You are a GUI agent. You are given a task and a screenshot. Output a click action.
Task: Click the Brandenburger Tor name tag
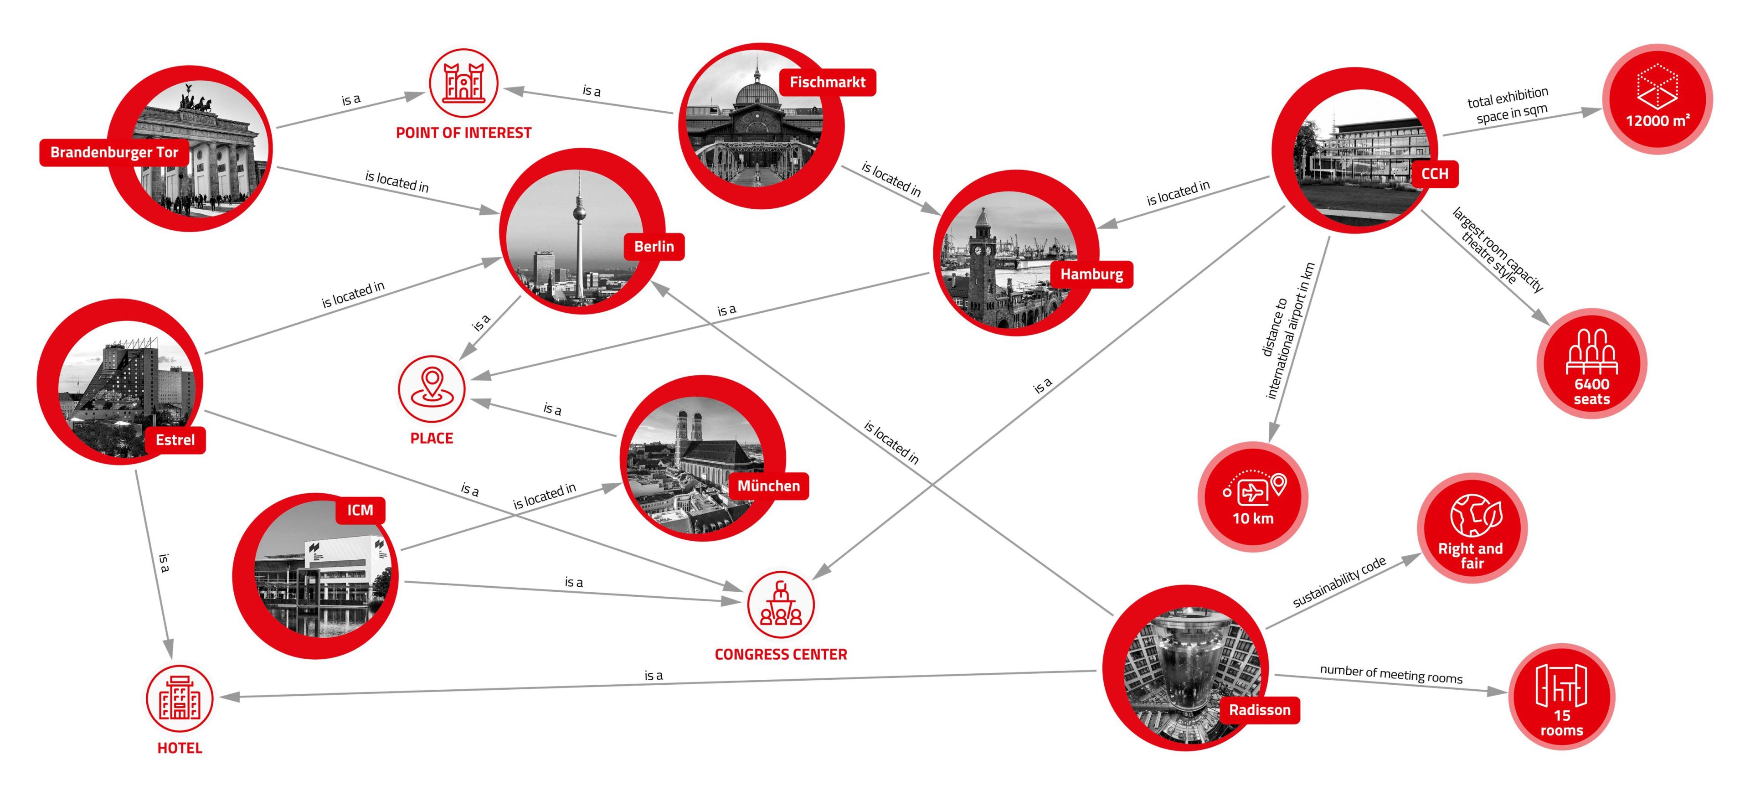pos(113,152)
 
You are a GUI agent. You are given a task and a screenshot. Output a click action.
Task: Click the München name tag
pos(768,486)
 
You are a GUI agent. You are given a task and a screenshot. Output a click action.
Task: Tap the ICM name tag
pos(360,510)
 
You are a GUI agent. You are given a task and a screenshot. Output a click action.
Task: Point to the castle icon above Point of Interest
pos(463,83)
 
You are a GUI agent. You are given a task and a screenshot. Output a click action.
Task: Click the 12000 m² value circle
pos(1657,99)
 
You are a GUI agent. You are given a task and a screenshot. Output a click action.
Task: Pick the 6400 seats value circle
pos(1592,363)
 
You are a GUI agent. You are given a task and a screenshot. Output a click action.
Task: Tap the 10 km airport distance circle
pos(1253,496)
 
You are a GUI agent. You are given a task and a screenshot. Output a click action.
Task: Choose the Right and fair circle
pos(1472,528)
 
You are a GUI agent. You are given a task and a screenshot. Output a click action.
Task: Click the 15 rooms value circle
pos(1561,697)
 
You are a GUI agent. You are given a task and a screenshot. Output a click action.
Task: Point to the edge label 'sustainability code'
pos(1339,582)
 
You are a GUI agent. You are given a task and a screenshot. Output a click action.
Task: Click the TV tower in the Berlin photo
pos(579,224)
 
